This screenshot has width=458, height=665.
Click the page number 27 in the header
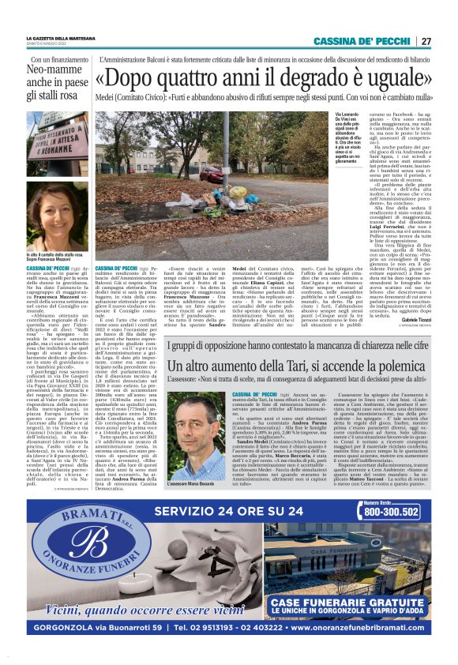[x=426, y=41]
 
